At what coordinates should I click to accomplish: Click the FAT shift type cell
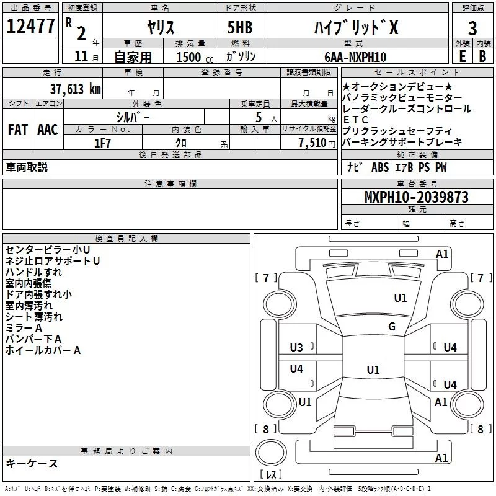(x=17, y=130)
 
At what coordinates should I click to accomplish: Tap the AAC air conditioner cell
(x=47, y=130)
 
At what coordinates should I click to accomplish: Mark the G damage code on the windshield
(x=392, y=327)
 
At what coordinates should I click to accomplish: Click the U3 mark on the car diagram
(x=296, y=348)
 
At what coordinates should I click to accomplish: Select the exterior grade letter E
(x=461, y=57)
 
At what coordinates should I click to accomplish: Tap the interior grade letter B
(x=482, y=57)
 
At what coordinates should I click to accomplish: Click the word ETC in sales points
(x=355, y=120)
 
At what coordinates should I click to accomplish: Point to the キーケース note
(x=32, y=463)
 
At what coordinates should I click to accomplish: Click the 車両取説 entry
(x=27, y=167)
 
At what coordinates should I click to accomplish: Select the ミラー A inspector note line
(x=24, y=328)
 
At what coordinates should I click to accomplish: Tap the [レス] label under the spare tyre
(x=270, y=476)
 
